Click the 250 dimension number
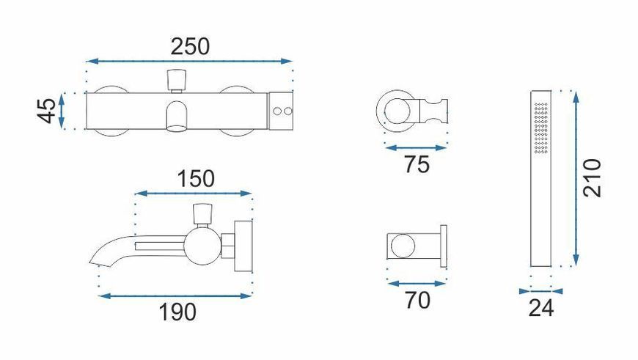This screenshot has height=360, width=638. click(190, 46)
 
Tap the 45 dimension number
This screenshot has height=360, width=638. click(47, 110)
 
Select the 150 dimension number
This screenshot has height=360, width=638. click(196, 179)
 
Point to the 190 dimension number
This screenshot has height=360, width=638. click(177, 312)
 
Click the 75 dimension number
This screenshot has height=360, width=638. click(417, 165)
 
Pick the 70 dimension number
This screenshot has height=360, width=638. click(417, 301)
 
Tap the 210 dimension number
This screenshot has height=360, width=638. click(592, 178)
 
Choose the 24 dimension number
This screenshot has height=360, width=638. click(541, 308)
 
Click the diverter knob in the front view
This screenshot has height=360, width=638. click(177, 81)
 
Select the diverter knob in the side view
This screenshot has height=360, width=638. click(202, 214)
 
